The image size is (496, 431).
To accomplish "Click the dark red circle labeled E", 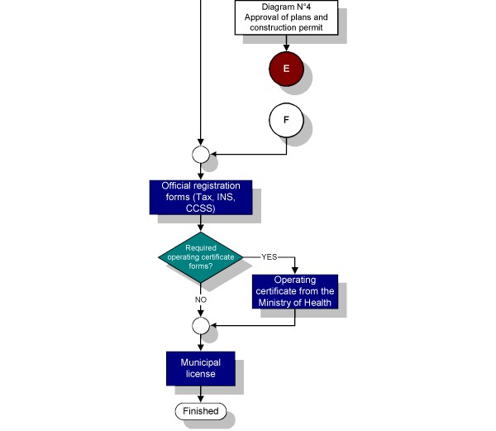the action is pyautogui.click(x=286, y=69).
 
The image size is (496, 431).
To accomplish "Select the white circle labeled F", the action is pyautogui.click(x=286, y=120).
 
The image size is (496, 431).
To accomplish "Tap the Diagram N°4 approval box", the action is pyautogui.click(x=286, y=17).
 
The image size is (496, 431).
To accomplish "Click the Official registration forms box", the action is pyautogui.click(x=201, y=197).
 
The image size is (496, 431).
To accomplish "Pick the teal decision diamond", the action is pyautogui.click(x=201, y=257).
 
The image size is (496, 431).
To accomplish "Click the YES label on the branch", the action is pyautogui.click(x=269, y=257).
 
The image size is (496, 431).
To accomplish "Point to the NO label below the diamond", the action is pyautogui.click(x=201, y=299).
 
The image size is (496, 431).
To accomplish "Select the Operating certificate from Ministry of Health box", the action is pyautogui.click(x=295, y=291).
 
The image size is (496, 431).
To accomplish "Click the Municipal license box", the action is pyautogui.click(x=201, y=368).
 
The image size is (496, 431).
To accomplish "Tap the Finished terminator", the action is pyautogui.click(x=201, y=411).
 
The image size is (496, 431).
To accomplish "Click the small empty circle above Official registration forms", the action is pyautogui.click(x=201, y=155).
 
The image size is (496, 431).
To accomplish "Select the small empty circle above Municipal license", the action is pyautogui.click(x=201, y=326).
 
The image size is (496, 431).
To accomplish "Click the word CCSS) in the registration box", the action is pyautogui.click(x=201, y=208).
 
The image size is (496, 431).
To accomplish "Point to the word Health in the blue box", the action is pyautogui.click(x=317, y=303).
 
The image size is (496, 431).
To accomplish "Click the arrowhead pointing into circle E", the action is pyautogui.click(x=286, y=48).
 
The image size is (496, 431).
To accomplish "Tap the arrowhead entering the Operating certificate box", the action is pyautogui.click(x=295, y=271).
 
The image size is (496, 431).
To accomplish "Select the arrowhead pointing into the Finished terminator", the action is pyautogui.click(x=201, y=399).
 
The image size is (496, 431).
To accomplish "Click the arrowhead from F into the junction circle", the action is pyautogui.click(x=213, y=155).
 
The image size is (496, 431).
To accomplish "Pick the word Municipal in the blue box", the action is pyautogui.click(x=201, y=362).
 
